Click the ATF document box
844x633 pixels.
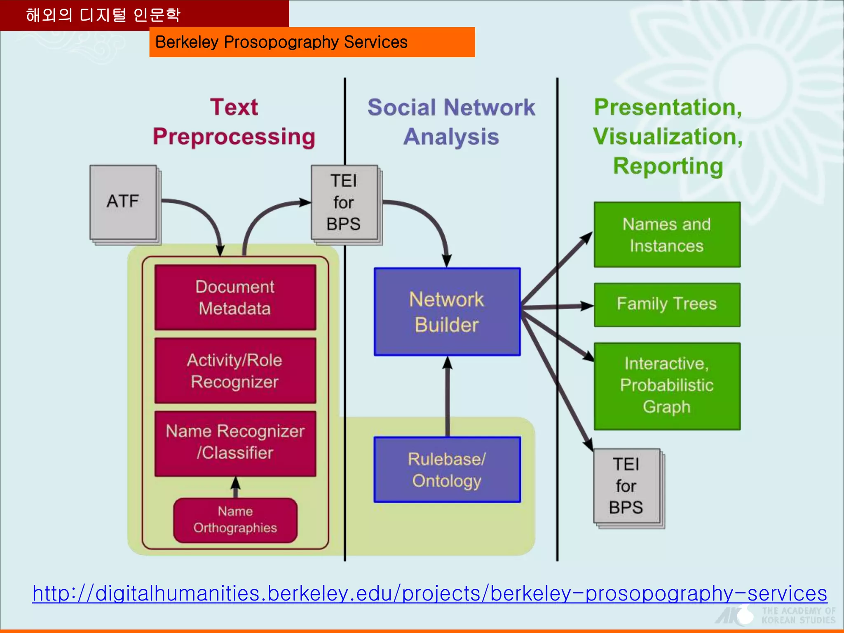[x=123, y=202]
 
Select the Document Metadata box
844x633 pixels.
[x=235, y=297]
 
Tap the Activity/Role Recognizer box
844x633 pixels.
[x=235, y=370]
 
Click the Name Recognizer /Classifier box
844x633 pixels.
[x=235, y=443]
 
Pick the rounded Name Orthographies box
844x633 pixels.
[x=235, y=520]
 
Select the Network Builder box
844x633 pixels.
[x=447, y=312]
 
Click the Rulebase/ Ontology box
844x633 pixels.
[x=447, y=469]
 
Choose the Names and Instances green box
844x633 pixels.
[x=667, y=234]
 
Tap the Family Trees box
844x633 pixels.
[x=667, y=305]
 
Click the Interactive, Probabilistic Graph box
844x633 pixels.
[x=667, y=386]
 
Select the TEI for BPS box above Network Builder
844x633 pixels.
[x=344, y=202]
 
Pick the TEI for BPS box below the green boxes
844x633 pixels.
[x=626, y=486]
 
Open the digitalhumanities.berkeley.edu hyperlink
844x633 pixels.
[x=429, y=593]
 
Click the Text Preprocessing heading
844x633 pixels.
[x=234, y=122]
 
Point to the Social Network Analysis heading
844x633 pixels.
[x=451, y=122]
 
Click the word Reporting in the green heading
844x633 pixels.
[x=668, y=166]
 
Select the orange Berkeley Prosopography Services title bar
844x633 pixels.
[x=312, y=42]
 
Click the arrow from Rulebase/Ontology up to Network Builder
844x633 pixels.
[x=448, y=396]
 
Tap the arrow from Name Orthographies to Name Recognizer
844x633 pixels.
[x=235, y=488]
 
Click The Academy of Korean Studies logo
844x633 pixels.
[x=775, y=615]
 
